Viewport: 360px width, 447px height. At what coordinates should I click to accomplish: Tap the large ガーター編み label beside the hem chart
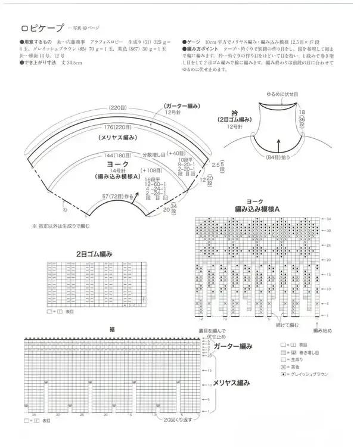click(x=233, y=346)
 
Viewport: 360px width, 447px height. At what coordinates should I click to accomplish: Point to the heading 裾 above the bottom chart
click(x=112, y=330)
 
